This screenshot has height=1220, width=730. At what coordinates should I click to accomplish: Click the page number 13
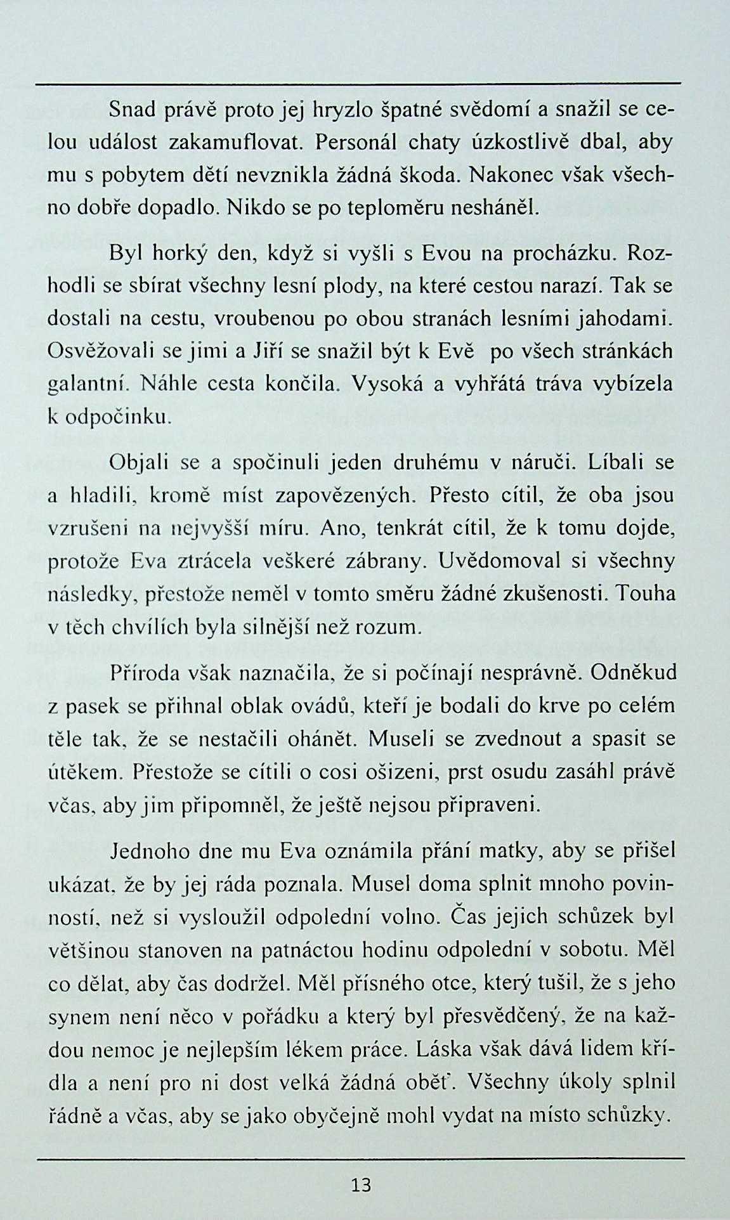point(360,1184)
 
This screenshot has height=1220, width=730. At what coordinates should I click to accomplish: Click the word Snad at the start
point(132,110)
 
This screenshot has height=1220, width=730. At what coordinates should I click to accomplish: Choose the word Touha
point(646,594)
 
